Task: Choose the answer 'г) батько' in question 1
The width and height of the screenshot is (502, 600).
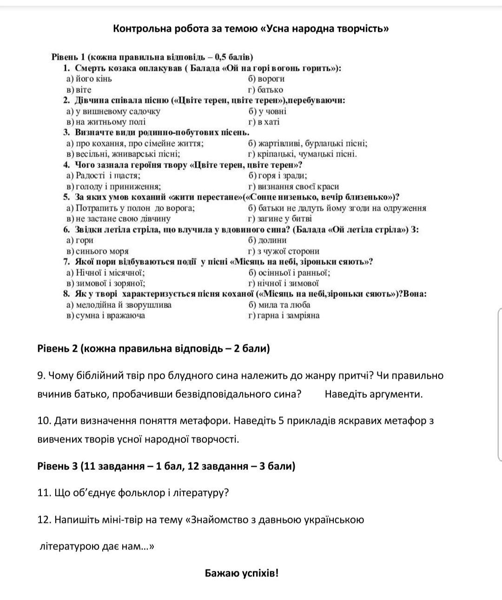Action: pos(265,90)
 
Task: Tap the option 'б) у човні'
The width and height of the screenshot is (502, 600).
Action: pos(268,111)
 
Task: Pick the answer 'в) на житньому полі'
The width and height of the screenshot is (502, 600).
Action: pos(106,122)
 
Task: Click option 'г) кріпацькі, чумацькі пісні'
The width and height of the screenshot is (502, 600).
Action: pos(303,154)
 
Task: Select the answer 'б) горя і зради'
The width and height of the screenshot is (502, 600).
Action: pos(277,175)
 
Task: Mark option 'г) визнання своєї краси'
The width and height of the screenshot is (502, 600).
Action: pos(293,187)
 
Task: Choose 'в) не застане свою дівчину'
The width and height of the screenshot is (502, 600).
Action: pos(119,219)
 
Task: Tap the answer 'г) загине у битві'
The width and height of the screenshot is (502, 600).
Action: pos(280,219)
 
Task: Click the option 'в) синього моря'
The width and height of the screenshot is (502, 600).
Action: pos(98,251)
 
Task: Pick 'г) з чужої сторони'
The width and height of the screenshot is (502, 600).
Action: pos(284,251)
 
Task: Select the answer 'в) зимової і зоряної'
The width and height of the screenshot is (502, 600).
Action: pos(106,283)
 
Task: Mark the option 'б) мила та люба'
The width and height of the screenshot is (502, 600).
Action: pos(279,305)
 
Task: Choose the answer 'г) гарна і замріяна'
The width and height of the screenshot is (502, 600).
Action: pos(284,315)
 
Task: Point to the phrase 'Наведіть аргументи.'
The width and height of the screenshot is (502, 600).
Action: pos(374,394)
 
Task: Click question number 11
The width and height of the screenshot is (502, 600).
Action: pos(44,493)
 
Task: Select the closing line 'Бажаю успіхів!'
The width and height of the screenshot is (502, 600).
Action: pos(242,573)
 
